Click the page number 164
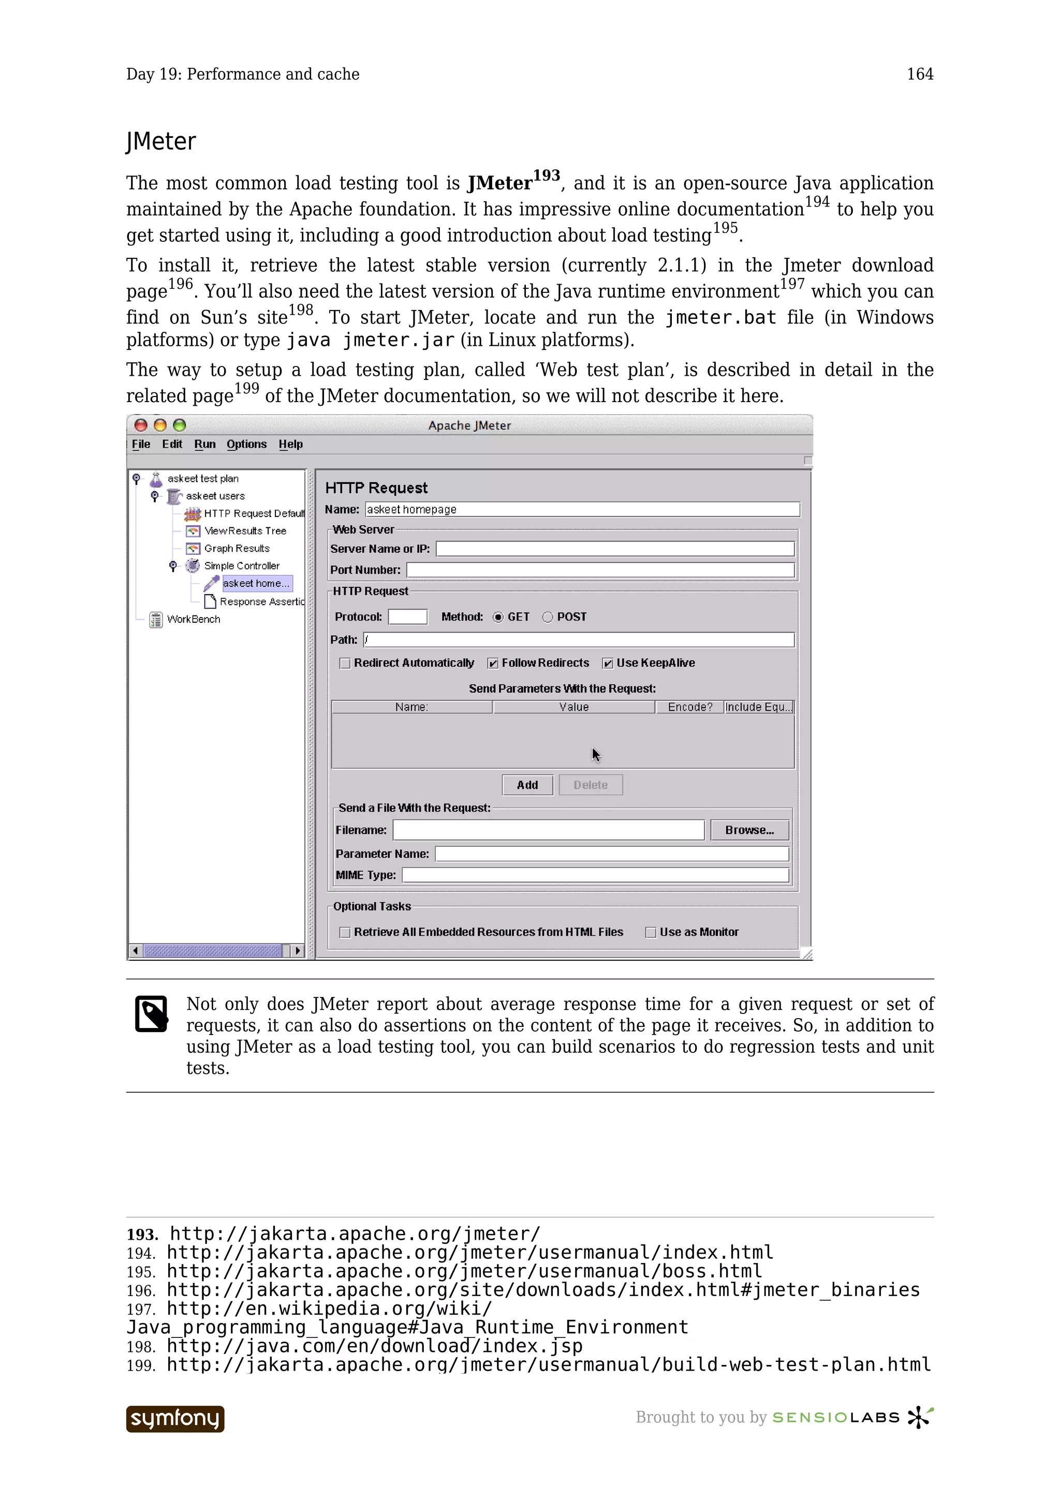pyautogui.click(x=920, y=74)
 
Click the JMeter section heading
pyautogui.click(x=160, y=141)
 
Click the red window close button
pyautogui.click(x=140, y=425)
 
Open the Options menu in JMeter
pyautogui.click(x=246, y=444)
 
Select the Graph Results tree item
pyautogui.click(x=237, y=548)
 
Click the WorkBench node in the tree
pyautogui.click(x=194, y=619)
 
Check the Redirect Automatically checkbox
pyautogui.click(x=345, y=663)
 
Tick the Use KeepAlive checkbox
pyautogui.click(x=608, y=663)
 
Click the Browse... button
pyautogui.click(x=749, y=830)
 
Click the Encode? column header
pyautogui.click(x=690, y=707)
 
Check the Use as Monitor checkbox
pyautogui.click(x=651, y=932)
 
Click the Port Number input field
pyautogui.click(x=599, y=570)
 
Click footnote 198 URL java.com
pyautogui.click(x=374, y=1346)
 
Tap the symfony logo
pyautogui.click(x=175, y=1418)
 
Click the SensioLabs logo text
pyautogui.click(x=836, y=1417)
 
